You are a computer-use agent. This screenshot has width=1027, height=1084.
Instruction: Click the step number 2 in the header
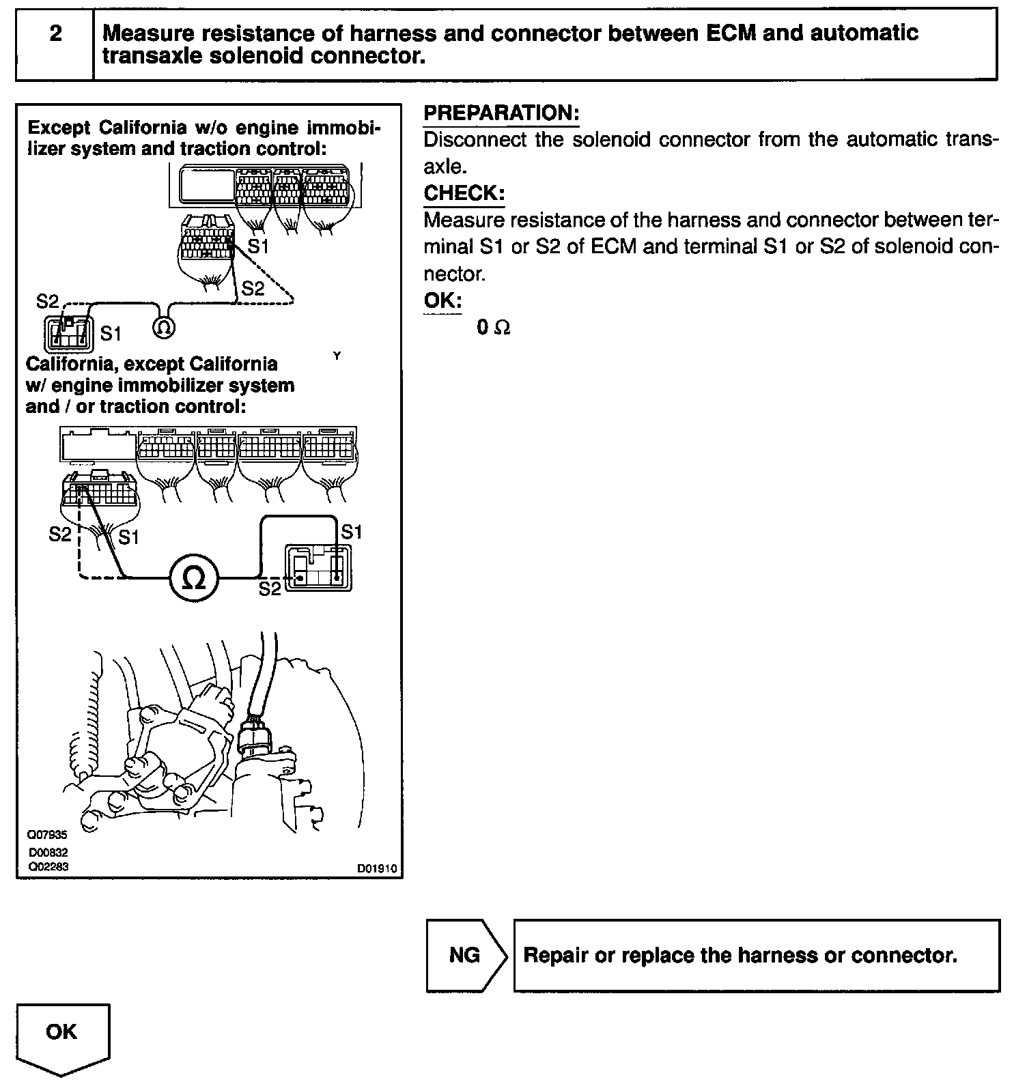point(55,33)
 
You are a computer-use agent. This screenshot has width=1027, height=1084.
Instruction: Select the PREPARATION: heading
point(501,113)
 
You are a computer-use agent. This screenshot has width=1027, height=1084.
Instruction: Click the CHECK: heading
point(464,193)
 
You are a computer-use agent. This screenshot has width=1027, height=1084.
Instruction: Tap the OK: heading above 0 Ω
point(442,300)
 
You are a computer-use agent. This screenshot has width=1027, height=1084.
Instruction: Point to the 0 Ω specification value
point(493,328)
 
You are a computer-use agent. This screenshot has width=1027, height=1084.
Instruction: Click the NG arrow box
point(466,954)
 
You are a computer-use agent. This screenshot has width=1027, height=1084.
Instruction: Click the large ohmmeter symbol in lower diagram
point(194,578)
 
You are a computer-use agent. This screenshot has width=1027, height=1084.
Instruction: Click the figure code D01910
point(377,870)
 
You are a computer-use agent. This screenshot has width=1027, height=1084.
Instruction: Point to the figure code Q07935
point(48,834)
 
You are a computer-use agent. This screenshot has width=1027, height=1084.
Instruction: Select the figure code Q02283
point(48,867)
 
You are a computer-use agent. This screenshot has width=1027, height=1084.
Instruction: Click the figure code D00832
point(48,853)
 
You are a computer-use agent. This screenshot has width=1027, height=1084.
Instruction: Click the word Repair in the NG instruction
point(555,955)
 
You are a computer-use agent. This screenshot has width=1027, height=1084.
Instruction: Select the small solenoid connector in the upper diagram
point(67,333)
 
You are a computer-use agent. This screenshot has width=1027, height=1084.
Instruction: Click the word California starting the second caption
point(66,365)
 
